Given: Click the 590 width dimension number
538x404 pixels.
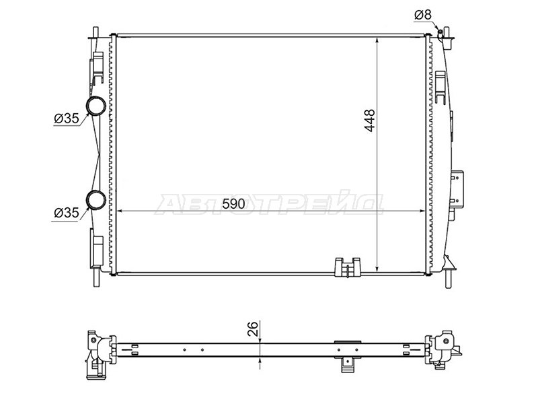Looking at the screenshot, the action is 233,204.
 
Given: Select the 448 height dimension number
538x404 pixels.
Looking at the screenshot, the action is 370,121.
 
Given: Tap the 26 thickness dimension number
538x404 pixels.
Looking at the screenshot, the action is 252,329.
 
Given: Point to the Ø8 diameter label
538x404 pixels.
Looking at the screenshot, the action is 423,15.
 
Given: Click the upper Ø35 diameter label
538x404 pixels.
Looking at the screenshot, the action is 67,119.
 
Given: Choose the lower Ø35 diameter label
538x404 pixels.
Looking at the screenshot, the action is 67,213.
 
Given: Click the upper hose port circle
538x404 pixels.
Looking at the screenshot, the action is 95,106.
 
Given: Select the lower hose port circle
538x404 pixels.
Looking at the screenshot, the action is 95,199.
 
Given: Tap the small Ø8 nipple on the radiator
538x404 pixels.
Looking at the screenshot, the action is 440,33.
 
